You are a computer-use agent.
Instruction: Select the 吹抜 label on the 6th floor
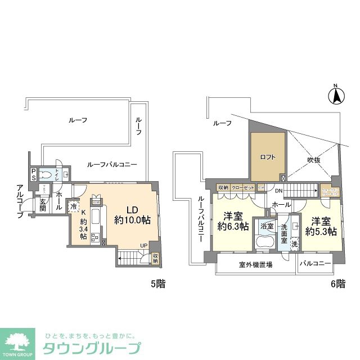[x=313, y=160]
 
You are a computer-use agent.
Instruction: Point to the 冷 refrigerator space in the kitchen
[x=74, y=206]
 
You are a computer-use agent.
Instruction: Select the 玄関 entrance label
[x=42, y=206]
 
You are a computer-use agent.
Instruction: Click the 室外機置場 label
[x=255, y=264]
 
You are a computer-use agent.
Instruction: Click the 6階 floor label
[x=337, y=284]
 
